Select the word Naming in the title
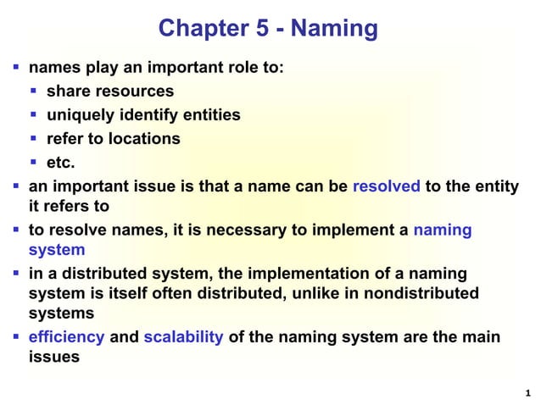coord(333,29)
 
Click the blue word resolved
coord(386,186)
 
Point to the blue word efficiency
coord(67,337)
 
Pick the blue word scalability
coord(184,337)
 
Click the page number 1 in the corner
coord(527,391)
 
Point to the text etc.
coord(60,162)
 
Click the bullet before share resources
coord(34,91)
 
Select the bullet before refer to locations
coord(34,138)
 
